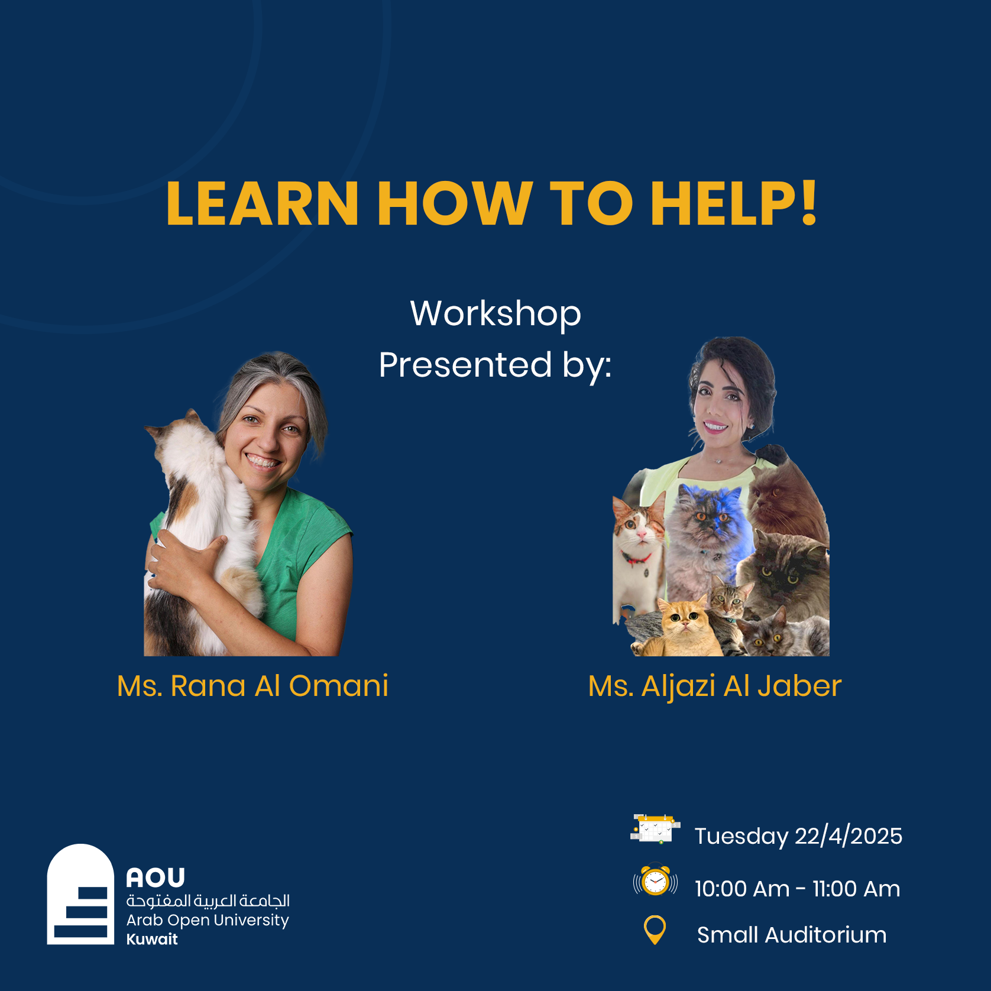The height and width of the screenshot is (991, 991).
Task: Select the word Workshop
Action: coord(495,313)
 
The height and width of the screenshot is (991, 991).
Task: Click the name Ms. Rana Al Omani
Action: coord(252,686)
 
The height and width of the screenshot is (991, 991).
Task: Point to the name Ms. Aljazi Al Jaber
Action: coord(714,686)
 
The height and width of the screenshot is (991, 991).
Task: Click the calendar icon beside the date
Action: coord(655,828)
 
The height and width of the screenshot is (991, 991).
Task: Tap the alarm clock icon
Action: coord(655,881)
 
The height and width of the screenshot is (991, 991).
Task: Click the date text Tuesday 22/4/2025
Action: coord(798,836)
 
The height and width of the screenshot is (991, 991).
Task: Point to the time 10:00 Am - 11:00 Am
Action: coord(797,889)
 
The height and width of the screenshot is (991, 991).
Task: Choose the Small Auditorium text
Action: coord(791,935)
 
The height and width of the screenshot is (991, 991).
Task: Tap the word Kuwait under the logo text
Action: coord(152,939)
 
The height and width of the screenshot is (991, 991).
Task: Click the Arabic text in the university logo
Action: coord(208,901)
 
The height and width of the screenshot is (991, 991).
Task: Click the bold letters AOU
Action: coord(156,878)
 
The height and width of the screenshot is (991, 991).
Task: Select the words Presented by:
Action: coord(495,365)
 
